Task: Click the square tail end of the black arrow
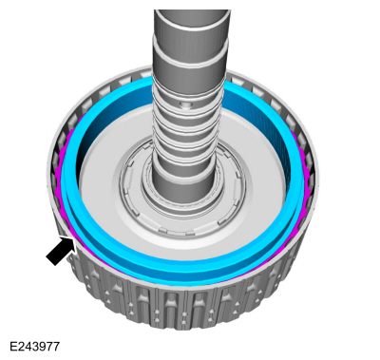tap(51, 260)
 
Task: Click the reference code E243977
tap(34, 347)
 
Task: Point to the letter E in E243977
tap(13, 347)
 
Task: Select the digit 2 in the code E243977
tap(21, 347)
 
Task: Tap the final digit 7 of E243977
tap(56, 347)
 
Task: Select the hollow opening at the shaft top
tap(193, 12)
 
